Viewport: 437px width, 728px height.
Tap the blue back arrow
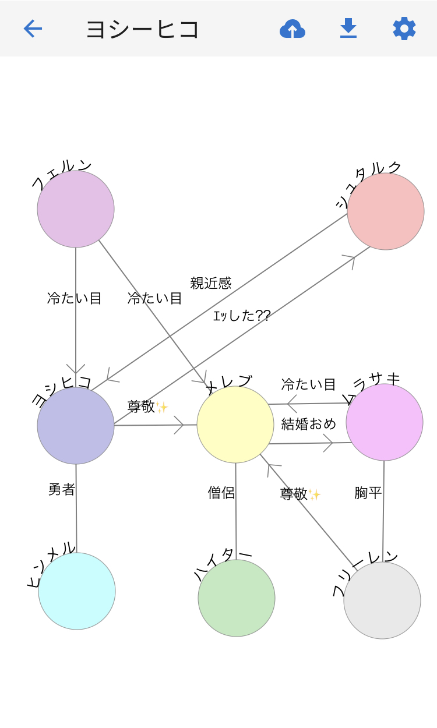(x=33, y=29)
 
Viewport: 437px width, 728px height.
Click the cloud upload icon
(x=292, y=29)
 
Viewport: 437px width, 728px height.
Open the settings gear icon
(x=404, y=29)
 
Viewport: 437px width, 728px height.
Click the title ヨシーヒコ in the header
(x=143, y=29)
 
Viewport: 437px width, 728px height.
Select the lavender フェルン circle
(x=76, y=209)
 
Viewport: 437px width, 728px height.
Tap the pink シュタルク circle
(x=386, y=211)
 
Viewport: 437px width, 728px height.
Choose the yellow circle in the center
(x=235, y=425)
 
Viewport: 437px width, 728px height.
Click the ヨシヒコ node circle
(x=76, y=426)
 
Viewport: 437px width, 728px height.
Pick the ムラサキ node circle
(x=385, y=422)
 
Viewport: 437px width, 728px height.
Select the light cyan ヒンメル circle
(x=77, y=591)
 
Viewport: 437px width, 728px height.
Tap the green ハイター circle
(x=237, y=598)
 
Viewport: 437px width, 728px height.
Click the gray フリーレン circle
(x=382, y=600)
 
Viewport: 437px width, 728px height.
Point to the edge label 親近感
(x=211, y=283)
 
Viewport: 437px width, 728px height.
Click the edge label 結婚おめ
(x=309, y=423)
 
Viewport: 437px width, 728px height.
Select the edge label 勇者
(x=62, y=490)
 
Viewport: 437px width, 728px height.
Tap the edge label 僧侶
(x=221, y=493)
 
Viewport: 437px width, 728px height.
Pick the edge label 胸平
(x=368, y=493)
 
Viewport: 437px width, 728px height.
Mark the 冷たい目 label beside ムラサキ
(x=309, y=384)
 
